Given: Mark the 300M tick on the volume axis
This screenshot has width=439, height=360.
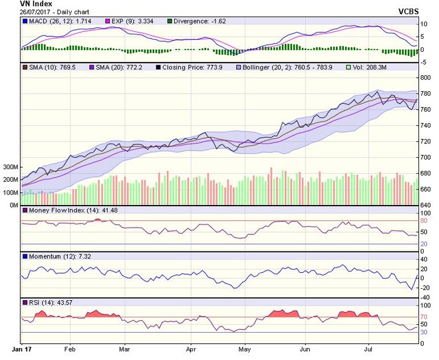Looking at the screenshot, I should (x=10, y=166).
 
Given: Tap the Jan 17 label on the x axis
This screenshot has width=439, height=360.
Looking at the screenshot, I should (x=23, y=348).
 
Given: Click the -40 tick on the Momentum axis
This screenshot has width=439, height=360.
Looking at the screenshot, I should (x=426, y=297).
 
